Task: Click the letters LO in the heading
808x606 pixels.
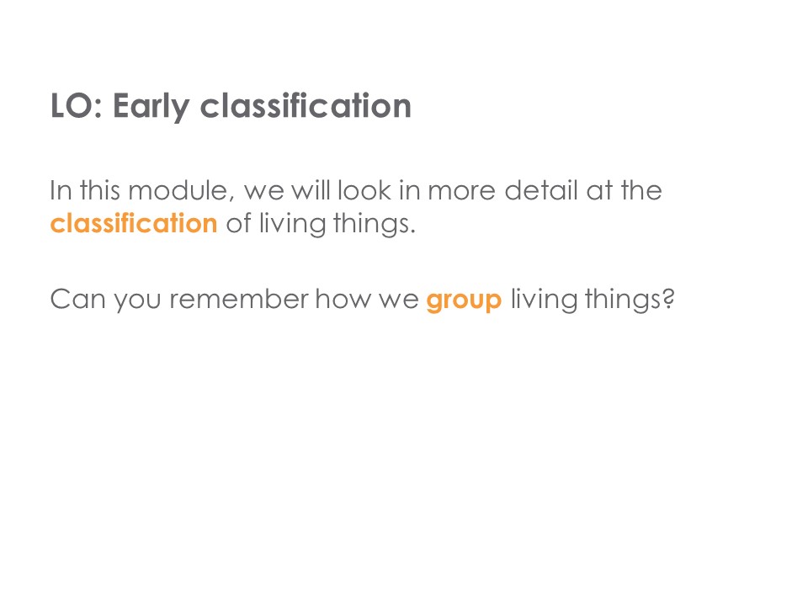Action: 72,106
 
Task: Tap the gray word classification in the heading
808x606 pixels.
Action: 306,106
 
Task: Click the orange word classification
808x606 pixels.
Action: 134,222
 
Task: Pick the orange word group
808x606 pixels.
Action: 464,300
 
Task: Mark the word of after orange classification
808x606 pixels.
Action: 238,222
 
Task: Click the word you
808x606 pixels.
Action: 137,302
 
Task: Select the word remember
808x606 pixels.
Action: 238,299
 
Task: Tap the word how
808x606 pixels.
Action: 343,299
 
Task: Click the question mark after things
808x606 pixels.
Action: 668,298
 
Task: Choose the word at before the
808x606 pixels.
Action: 598,191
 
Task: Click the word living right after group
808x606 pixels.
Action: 543,300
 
